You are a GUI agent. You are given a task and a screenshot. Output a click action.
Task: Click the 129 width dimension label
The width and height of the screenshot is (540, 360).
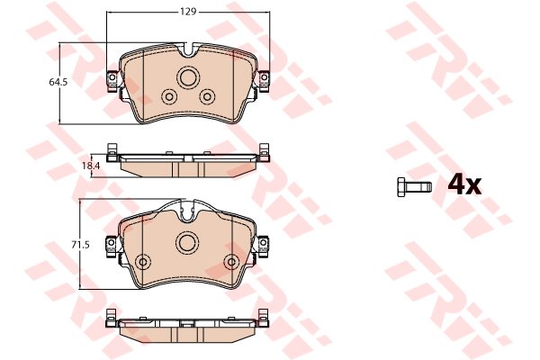[188, 12]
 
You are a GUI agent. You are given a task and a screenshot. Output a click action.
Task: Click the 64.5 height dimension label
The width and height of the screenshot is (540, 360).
[58, 82]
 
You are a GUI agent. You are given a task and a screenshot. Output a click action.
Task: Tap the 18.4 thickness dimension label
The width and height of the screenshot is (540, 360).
[91, 166]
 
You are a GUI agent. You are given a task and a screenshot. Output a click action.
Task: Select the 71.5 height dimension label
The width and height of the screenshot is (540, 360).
[80, 246]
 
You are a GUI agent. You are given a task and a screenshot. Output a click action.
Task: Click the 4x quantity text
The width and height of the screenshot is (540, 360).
[464, 186]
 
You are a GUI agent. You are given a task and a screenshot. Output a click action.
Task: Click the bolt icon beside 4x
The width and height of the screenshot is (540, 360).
[414, 187]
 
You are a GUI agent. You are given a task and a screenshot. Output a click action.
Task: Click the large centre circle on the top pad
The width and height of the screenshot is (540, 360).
[188, 77]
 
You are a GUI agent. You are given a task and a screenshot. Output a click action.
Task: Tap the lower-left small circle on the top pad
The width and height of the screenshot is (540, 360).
[169, 97]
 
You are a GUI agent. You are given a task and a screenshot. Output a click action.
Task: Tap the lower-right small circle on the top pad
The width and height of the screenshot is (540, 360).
[207, 97]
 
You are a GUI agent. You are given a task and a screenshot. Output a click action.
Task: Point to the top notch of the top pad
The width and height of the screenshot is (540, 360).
[188, 50]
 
